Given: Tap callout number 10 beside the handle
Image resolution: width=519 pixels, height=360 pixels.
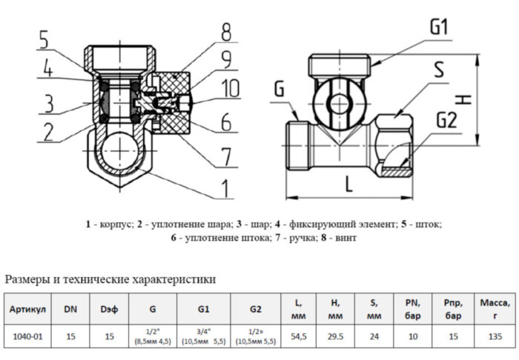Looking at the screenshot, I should point(231,89).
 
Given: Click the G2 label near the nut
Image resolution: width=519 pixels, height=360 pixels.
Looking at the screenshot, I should point(446,119).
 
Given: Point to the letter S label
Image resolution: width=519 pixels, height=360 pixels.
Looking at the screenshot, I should point(438,70).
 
